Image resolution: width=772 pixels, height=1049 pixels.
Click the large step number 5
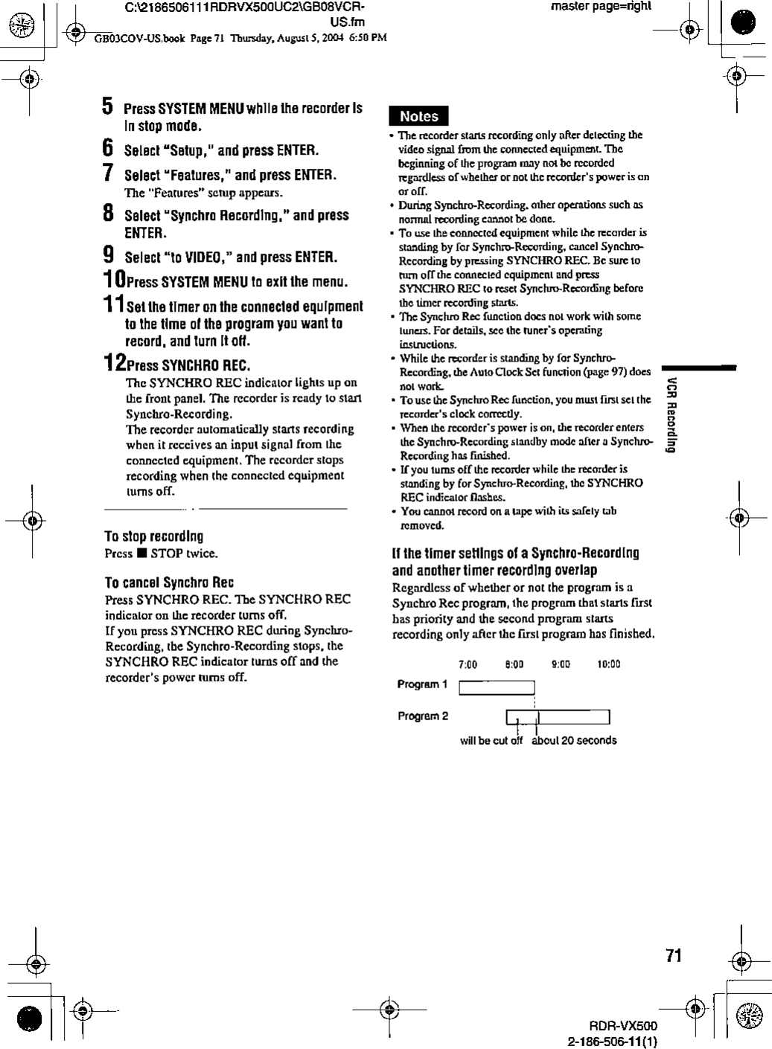click(x=108, y=106)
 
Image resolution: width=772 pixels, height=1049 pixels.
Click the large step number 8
click(x=108, y=214)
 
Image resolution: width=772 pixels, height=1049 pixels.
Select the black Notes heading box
click(x=419, y=116)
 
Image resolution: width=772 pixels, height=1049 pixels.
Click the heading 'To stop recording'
click(x=154, y=536)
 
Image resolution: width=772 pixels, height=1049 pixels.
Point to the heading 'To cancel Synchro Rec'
click(x=170, y=582)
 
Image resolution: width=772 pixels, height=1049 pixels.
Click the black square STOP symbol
click(x=140, y=554)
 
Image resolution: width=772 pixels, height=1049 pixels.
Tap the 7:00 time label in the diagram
click(x=468, y=664)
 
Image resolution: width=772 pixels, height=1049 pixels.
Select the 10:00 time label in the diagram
click(x=608, y=664)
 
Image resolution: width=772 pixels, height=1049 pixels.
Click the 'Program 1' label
click(x=422, y=684)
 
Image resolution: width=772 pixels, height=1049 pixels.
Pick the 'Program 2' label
click(x=422, y=716)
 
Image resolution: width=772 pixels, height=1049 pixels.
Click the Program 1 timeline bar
click(x=497, y=687)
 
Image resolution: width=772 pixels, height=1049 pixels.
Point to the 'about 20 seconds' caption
click(x=574, y=740)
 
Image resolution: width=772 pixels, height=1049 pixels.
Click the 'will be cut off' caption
click(x=491, y=740)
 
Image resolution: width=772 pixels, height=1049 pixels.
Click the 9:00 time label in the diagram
click(x=561, y=664)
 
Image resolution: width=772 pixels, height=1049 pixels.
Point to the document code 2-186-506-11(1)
click(x=613, y=1040)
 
